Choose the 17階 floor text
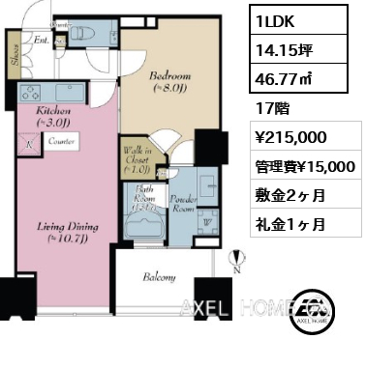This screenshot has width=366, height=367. point(272,109)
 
